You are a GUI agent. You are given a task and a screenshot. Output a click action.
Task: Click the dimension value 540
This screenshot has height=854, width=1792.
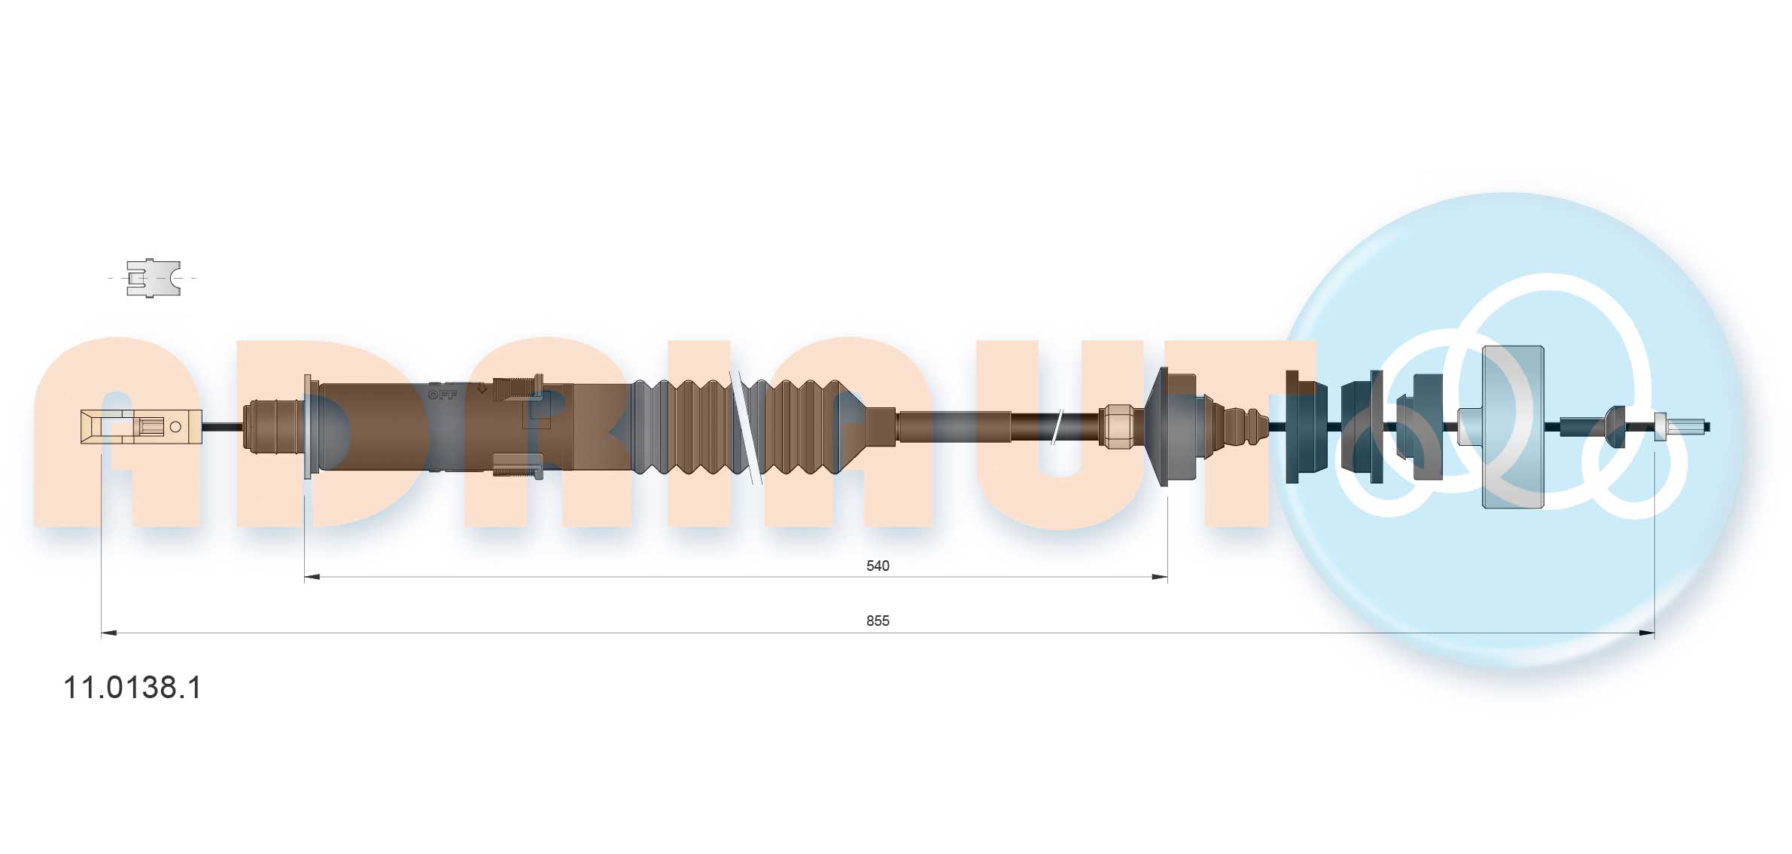[x=877, y=566]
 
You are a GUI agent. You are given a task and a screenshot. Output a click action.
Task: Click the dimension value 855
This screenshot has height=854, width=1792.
[x=877, y=621]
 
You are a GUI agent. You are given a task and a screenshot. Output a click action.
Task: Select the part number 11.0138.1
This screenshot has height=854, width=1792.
[x=132, y=688]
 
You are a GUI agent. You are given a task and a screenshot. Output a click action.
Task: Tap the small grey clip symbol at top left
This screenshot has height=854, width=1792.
[x=153, y=278]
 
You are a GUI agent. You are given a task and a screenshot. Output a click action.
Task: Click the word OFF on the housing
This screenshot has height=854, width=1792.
[x=443, y=395]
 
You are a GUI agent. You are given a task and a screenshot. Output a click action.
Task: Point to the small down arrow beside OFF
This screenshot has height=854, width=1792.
[x=481, y=389]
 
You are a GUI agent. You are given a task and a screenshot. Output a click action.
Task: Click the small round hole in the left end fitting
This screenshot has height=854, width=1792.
[x=175, y=427]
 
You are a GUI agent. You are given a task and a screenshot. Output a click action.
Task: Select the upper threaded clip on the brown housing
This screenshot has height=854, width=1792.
[x=517, y=387]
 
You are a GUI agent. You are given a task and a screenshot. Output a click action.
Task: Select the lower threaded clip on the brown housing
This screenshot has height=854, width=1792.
[x=517, y=465]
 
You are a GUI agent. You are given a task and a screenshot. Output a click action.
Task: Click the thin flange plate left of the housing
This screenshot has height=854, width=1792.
[x=307, y=427]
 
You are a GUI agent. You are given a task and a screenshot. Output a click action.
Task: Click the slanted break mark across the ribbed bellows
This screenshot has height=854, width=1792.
[x=745, y=427]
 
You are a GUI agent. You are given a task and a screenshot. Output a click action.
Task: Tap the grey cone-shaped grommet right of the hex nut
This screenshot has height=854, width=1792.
[x=1170, y=426]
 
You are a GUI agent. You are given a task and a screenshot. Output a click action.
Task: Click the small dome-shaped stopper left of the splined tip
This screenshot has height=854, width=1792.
[x=1614, y=426]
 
